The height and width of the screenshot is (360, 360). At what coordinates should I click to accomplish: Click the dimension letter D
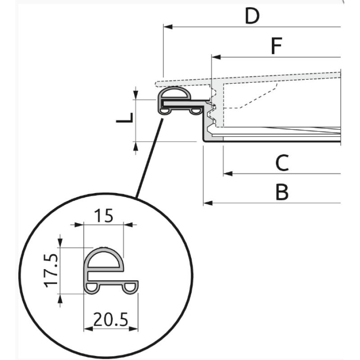pyautogui.click(x=252, y=16)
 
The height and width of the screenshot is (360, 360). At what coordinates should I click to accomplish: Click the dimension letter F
pyautogui.click(x=276, y=46)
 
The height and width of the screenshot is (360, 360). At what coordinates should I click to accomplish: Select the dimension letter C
pyautogui.click(x=282, y=163)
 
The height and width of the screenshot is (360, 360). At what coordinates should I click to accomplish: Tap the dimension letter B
pyautogui.click(x=282, y=192)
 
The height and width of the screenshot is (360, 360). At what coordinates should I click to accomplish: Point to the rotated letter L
pyautogui.click(x=125, y=117)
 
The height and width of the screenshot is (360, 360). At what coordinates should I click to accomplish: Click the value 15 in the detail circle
pyautogui.click(x=104, y=216)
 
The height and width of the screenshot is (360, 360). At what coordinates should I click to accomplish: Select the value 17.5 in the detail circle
pyautogui.click(x=51, y=271)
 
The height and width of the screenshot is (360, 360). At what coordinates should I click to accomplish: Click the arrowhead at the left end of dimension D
pyautogui.click(x=168, y=27)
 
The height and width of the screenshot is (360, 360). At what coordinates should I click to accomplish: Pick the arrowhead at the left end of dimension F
pyautogui.click(x=216, y=57)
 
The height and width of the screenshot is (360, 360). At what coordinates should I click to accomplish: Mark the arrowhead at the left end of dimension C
pyautogui.click(x=228, y=174)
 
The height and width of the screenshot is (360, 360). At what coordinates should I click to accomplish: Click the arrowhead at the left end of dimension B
pyautogui.click(x=208, y=203)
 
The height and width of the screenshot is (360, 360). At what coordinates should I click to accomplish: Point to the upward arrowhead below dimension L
pyautogui.click(x=136, y=146)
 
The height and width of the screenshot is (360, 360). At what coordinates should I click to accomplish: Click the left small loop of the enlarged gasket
pyautogui.click(x=92, y=288)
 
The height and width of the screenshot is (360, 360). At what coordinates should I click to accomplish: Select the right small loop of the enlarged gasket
pyautogui.click(x=130, y=288)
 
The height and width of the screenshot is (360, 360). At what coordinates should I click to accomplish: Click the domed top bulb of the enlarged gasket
pyautogui.click(x=104, y=259)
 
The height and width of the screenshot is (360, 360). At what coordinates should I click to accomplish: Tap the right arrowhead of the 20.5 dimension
pyautogui.click(x=133, y=329)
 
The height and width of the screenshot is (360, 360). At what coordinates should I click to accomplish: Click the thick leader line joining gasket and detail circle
pyautogui.click(x=149, y=158)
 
